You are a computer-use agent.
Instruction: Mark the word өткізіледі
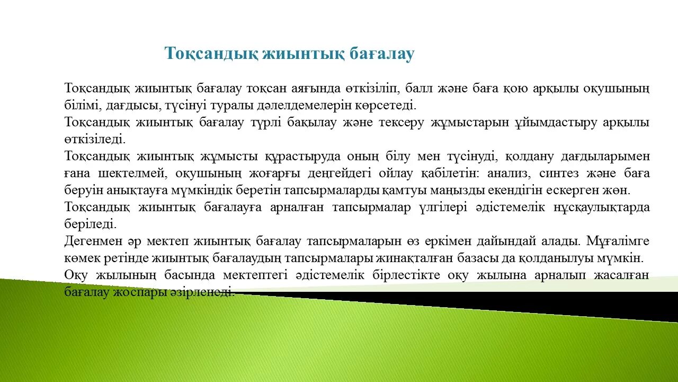coord(95,139)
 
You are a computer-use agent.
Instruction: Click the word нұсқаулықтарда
coord(601,207)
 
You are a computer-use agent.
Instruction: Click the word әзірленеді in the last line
coord(209,292)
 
